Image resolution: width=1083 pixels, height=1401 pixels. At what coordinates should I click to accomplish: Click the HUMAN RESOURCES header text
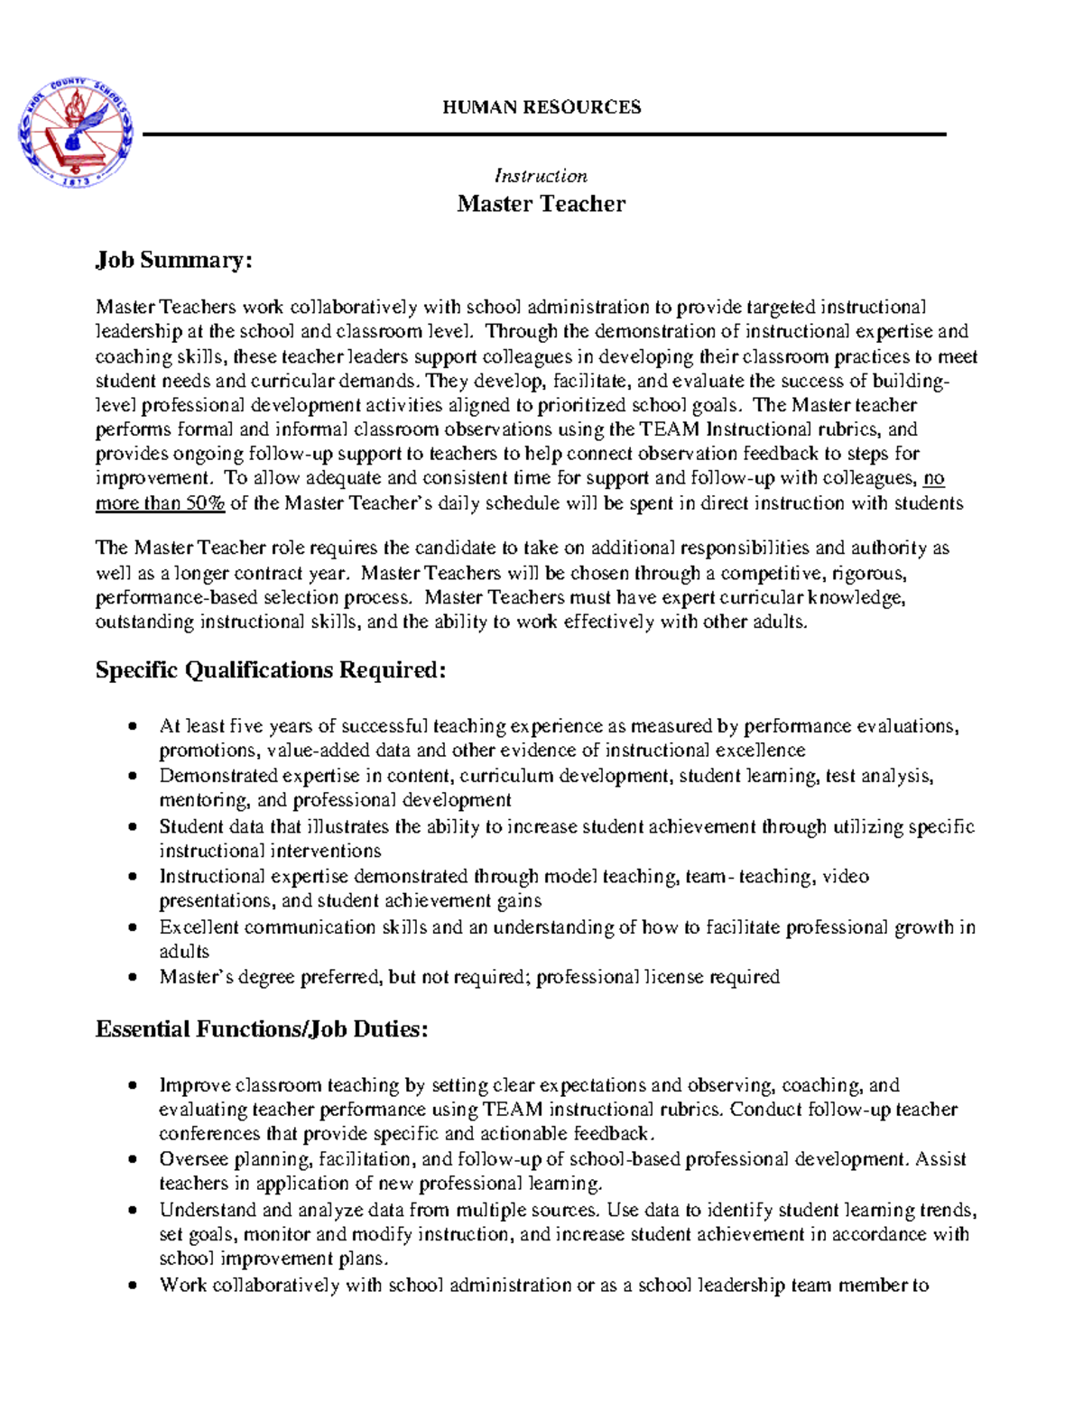pos(541,107)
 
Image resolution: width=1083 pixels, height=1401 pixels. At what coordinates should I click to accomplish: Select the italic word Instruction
pos(541,176)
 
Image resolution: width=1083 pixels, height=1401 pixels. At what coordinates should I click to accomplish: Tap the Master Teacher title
pos(541,204)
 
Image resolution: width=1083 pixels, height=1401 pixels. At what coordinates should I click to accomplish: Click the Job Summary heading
pos(173,261)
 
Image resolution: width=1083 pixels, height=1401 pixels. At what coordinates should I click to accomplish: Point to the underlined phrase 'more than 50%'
pos(160,503)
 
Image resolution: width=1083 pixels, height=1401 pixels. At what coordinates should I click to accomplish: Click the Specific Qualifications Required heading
pos(271,670)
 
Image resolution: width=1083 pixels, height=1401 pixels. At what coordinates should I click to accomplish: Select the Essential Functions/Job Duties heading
pos(262,1029)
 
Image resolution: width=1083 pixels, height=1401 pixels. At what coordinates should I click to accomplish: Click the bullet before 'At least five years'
pos(134,726)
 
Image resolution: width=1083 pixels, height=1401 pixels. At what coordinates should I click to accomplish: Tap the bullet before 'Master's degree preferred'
pos(134,977)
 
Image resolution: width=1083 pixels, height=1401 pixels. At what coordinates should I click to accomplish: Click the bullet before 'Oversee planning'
pos(134,1159)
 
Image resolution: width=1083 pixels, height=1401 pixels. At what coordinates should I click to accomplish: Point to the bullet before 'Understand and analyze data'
pos(134,1211)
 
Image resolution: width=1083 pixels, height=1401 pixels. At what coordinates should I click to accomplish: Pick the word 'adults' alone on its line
pos(184,952)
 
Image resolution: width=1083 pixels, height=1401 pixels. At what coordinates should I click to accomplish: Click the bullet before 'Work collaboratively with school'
pos(134,1286)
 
